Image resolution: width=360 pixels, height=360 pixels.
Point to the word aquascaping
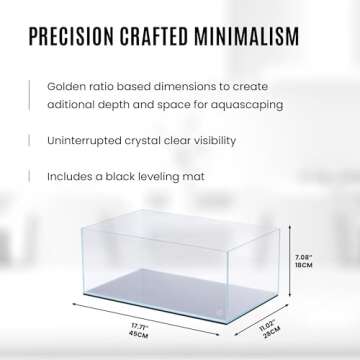pyautogui.click(x=248, y=103)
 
